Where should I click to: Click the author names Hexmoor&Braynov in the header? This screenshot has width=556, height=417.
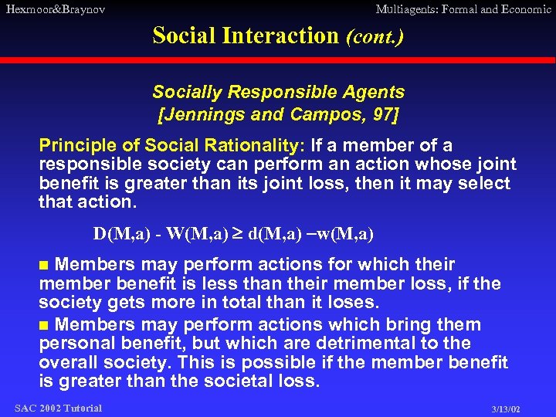click(x=54, y=9)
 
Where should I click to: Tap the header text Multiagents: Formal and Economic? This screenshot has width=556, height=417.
click(x=463, y=9)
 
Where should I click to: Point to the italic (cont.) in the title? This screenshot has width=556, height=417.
click(x=375, y=36)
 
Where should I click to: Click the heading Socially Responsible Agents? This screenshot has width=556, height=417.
click(x=278, y=92)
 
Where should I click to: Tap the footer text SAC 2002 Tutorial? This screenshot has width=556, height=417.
click(x=58, y=408)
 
